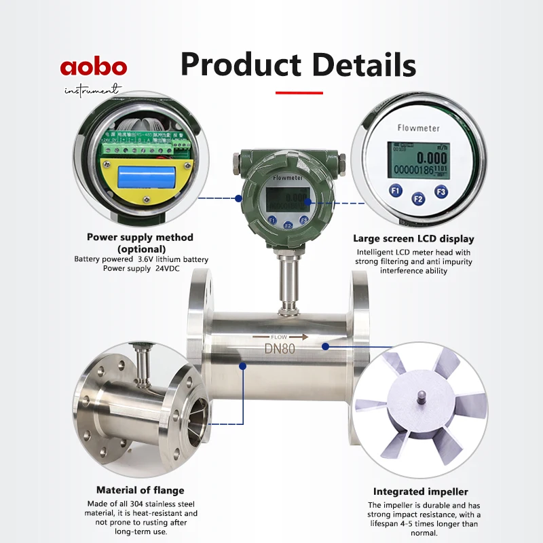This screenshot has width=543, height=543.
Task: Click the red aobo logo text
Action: click(93, 68)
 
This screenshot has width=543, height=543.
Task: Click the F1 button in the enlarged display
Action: click(396, 191)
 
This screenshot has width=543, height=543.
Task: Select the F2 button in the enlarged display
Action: click(418, 199)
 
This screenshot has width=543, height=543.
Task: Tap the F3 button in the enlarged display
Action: click(441, 192)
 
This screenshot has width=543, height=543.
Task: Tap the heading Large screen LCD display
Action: click(413, 239)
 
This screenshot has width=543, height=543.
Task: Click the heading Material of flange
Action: click(140, 490)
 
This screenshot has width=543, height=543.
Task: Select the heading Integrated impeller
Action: click(421, 491)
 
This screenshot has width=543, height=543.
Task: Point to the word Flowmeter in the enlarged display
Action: click(418, 128)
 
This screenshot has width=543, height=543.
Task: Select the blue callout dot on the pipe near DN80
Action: click(326, 346)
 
